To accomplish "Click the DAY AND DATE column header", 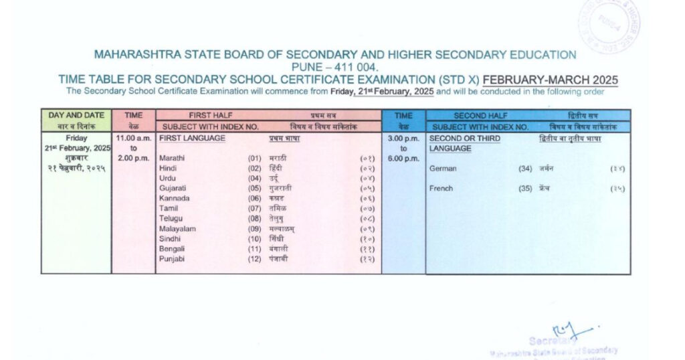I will [76, 115].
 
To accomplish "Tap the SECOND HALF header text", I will [479, 116].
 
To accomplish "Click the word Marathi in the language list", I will [173, 158].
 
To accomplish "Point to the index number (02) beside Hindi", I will [254, 169].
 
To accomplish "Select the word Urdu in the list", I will [168, 179].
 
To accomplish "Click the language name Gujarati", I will [173, 189].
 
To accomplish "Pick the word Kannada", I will [174, 199].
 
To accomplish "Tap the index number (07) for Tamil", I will [254, 209].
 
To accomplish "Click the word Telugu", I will [171, 219].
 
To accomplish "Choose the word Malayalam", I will [177, 229].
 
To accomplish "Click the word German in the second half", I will [443, 169].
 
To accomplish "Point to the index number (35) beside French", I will [525, 189].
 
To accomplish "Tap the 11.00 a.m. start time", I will [134, 138].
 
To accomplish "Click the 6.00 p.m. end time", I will [403, 159].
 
